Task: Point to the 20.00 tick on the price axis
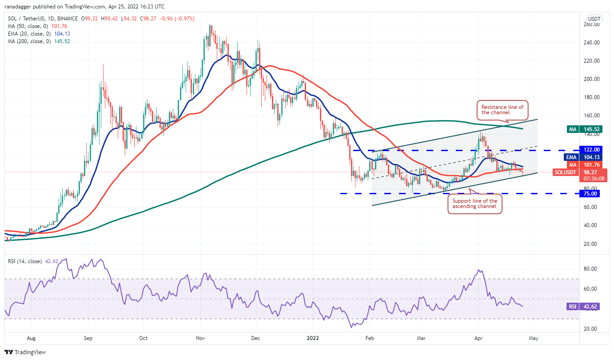click(591, 244)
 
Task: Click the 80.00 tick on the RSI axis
click(591, 268)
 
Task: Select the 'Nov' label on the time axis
click(200, 338)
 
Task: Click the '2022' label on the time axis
click(311, 338)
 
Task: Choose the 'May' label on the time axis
click(534, 338)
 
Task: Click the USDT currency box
click(594, 19)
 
